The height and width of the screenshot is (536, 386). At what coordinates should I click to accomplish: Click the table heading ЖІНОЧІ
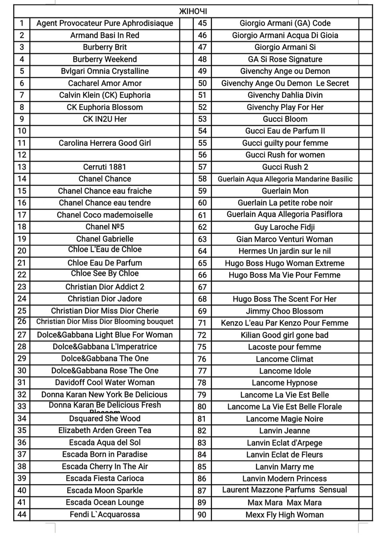193,11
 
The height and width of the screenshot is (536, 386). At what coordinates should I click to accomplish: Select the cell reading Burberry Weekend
105,59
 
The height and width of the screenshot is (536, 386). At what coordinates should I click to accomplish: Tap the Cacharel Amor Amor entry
105,83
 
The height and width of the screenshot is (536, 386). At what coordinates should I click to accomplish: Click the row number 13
22,167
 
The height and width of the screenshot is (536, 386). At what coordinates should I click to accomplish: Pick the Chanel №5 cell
105,227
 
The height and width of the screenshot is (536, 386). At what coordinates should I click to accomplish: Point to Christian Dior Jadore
105,299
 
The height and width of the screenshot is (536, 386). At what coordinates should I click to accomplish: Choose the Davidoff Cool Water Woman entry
105,382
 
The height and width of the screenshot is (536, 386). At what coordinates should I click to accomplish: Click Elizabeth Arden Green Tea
105,430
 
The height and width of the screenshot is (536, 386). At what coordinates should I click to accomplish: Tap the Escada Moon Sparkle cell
105,490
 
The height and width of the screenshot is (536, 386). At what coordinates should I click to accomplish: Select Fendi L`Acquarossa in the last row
105,515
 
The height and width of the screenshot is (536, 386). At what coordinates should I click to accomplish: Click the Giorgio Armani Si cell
285,47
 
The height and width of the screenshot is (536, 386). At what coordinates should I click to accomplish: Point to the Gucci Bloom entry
285,119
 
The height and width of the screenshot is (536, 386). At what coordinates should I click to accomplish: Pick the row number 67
202,287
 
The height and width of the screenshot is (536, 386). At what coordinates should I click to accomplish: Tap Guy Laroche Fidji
285,227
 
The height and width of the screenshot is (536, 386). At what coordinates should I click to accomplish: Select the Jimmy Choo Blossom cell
285,311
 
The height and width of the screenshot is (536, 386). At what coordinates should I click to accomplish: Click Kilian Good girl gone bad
285,335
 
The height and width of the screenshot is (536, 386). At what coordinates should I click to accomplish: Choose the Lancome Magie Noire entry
285,419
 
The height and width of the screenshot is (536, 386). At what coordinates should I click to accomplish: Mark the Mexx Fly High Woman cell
285,515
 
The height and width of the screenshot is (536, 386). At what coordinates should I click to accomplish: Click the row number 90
202,515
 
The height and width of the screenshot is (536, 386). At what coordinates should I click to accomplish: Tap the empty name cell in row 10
105,131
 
